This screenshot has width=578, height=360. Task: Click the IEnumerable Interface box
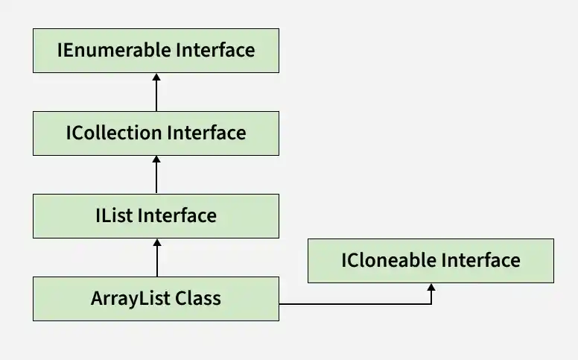pos(156,51)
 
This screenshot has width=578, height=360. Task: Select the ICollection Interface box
pos(156,133)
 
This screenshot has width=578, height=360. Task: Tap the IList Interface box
pos(156,216)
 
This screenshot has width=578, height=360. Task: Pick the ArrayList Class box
pos(156,298)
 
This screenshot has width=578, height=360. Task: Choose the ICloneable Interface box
pos(431,261)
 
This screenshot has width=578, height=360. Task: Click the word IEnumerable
pos(114,50)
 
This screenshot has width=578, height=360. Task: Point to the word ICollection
pos(114,133)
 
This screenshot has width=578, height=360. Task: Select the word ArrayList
pos(130,299)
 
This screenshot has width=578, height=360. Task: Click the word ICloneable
pos(389,260)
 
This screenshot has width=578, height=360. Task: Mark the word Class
pos(198,298)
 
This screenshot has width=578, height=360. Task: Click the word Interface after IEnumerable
pos(215,50)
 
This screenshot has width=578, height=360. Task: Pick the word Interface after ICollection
pos(206,133)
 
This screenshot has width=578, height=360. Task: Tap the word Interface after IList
pos(177,215)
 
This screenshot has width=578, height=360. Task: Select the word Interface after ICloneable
pos(481,260)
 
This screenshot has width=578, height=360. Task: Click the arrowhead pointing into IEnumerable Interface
pos(156,77)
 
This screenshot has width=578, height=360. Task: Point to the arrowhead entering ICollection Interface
pos(156,160)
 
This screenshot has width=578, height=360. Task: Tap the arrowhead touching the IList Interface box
pos(157,242)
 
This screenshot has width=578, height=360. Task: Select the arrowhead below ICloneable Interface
pos(431,288)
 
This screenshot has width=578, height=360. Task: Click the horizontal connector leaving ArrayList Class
pos(355,304)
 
